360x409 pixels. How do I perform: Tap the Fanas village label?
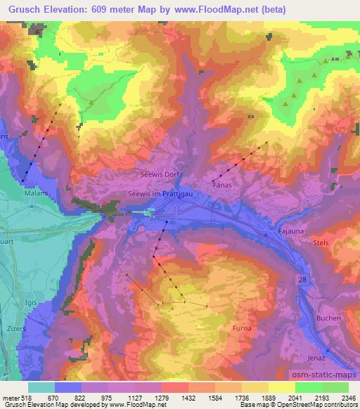point(221,186)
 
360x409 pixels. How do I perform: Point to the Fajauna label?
point(291,229)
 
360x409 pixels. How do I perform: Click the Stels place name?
point(321,242)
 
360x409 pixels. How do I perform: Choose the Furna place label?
point(241,328)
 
